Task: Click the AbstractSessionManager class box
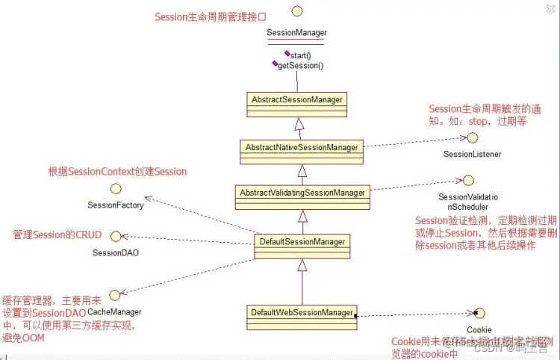(x=297, y=99)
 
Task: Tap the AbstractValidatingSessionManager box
(x=302, y=193)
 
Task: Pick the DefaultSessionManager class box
(x=302, y=242)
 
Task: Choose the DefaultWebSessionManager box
(x=302, y=311)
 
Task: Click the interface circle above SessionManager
(x=296, y=10)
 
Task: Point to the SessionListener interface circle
(x=473, y=138)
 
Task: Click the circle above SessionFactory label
(x=115, y=189)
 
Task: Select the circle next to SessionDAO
(x=116, y=236)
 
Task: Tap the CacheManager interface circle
(x=114, y=297)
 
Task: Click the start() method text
(x=301, y=55)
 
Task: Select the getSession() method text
(x=300, y=66)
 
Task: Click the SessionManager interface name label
(x=296, y=33)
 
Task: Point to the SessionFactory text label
(x=115, y=205)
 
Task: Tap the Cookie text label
(x=479, y=329)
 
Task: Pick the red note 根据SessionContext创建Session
(x=117, y=171)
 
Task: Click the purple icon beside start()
(x=287, y=54)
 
